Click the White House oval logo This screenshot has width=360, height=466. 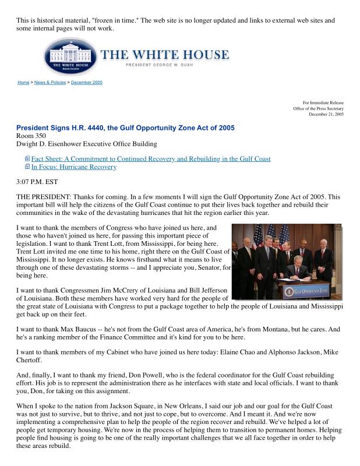[x=70, y=57]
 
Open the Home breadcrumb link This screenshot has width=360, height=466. [x=23, y=83]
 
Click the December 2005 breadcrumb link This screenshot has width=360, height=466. [x=87, y=83]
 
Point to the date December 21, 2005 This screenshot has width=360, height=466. [x=326, y=114]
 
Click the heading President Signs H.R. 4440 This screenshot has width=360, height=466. [x=125, y=128]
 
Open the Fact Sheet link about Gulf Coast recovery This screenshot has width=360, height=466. [x=151, y=158]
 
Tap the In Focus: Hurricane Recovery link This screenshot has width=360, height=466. [x=74, y=167]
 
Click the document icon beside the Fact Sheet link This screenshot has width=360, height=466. [x=27, y=158]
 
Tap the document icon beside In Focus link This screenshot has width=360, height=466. [x=27, y=167]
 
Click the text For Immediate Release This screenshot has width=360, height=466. [x=323, y=103]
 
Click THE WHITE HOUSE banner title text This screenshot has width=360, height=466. [x=165, y=55]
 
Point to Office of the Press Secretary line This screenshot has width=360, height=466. [x=318, y=108]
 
